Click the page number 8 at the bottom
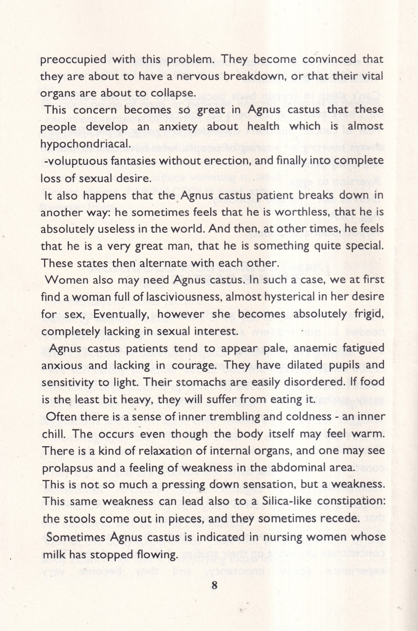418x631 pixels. tap(214, 585)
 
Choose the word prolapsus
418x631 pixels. tap(67, 468)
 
